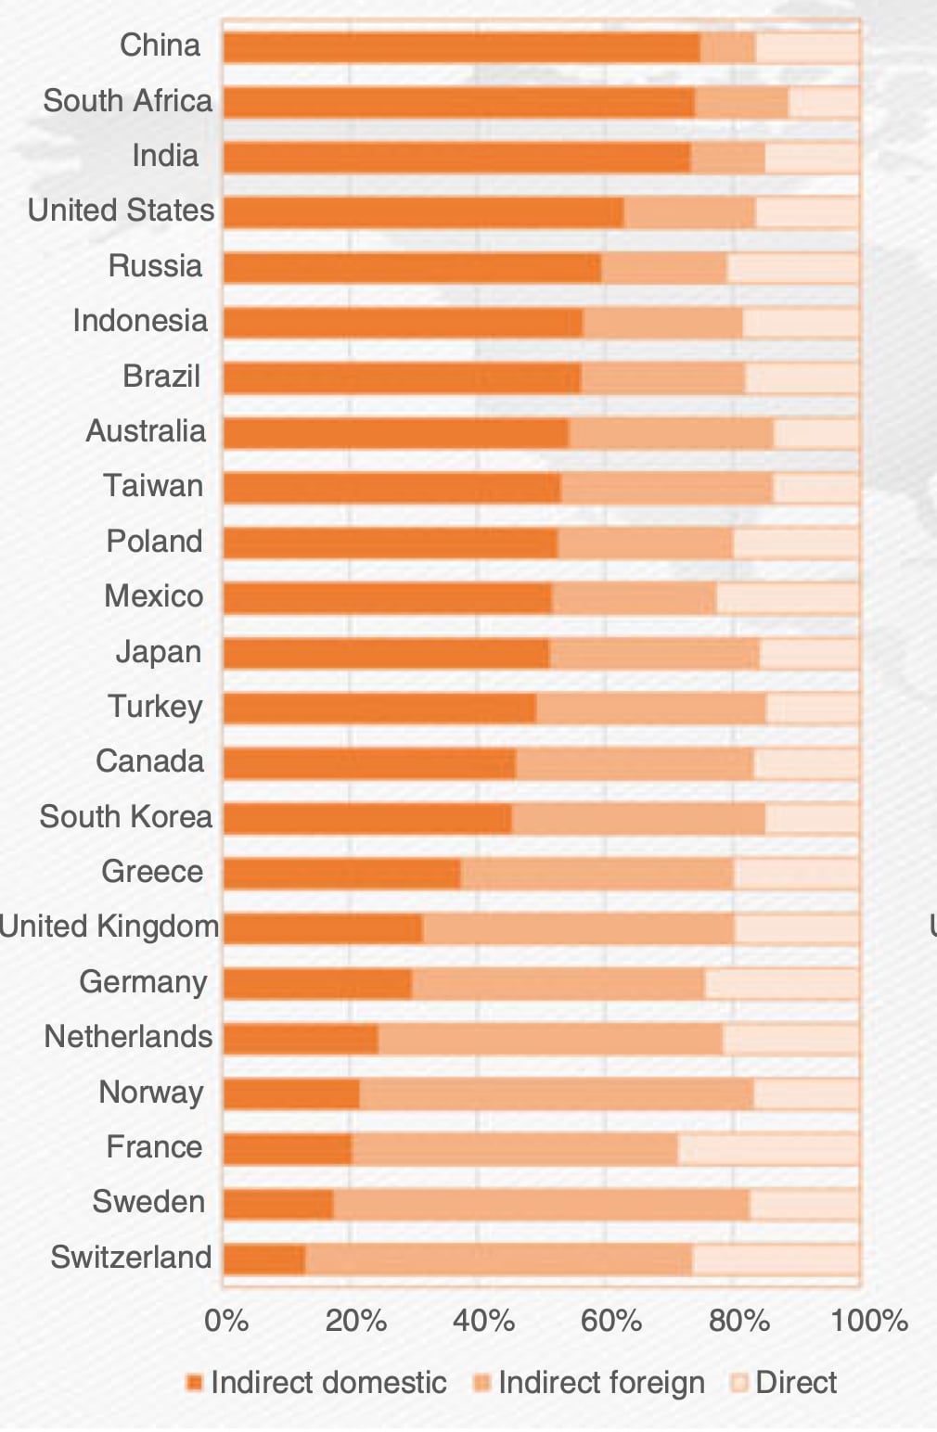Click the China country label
point(160,45)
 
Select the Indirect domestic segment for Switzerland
point(264,1259)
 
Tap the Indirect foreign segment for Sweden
point(541,1204)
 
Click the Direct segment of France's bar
point(768,1149)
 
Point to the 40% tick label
point(482,1321)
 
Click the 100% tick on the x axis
point(868,1321)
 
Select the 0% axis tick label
point(225,1321)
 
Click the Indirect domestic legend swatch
point(194,1384)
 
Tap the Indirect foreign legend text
point(601,1383)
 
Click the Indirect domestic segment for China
point(461,48)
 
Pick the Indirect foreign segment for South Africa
point(741,103)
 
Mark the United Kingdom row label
point(109,927)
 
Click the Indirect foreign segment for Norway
point(557,1094)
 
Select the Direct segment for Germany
point(781,984)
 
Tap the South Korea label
point(126,817)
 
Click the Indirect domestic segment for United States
point(423,212)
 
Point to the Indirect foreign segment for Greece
point(597,874)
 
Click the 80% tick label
point(739,1321)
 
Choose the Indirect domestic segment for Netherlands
point(301,1039)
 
